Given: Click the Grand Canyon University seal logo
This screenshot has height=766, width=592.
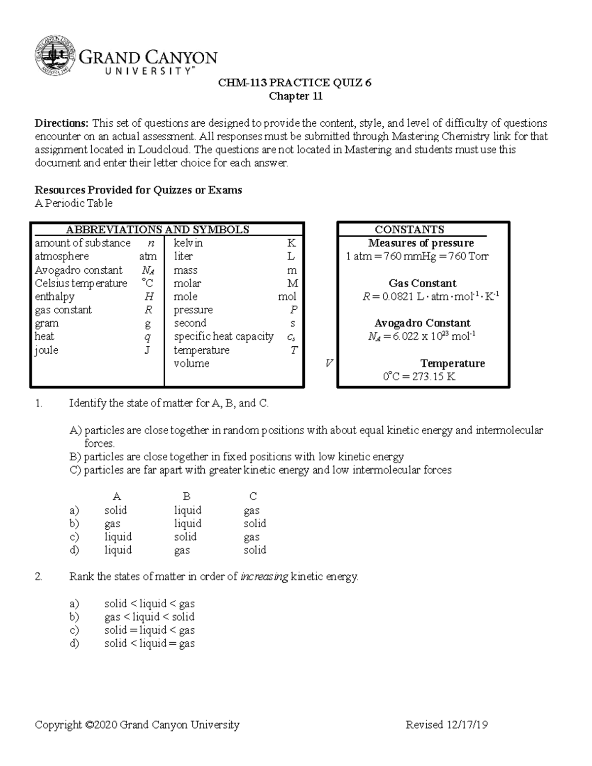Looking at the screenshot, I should click(55, 57).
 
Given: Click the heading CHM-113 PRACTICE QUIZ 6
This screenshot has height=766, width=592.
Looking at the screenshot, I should click(295, 83).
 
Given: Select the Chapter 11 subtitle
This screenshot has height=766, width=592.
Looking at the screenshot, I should click(295, 96).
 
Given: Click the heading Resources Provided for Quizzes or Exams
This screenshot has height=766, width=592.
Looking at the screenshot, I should click(138, 190).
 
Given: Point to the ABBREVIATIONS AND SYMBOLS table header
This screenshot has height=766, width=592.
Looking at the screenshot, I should click(157, 229).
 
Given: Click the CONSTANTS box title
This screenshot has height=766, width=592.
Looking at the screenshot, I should click(409, 229).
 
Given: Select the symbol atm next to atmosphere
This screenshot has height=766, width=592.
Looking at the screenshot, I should click(148, 256).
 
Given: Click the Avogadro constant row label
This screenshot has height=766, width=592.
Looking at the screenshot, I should click(78, 270).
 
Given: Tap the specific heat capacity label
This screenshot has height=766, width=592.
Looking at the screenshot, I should click(223, 336).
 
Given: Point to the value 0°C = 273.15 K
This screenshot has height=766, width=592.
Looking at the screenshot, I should click(419, 377).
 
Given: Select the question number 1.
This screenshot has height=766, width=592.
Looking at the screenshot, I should click(39, 403).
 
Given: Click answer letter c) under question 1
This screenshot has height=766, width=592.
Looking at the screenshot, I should click(74, 537).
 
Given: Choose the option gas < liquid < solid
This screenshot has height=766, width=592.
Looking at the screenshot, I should click(149, 617).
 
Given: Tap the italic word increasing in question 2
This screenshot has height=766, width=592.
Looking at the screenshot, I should click(264, 577).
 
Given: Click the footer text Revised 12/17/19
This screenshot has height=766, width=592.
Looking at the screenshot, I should click(446, 725).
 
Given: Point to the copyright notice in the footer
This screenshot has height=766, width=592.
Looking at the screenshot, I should click(137, 725).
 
